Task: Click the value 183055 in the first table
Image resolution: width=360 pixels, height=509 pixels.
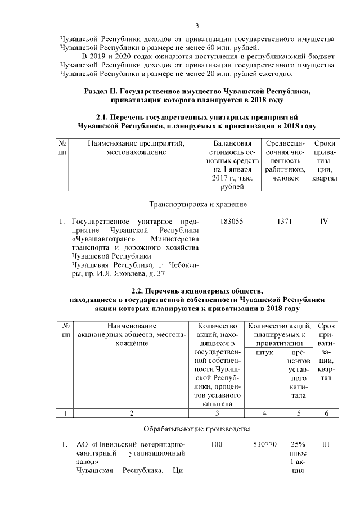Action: click(232, 222)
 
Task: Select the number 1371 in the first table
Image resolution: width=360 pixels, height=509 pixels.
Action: click(285, 222)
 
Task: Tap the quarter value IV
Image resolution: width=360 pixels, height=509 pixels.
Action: click(324, 222)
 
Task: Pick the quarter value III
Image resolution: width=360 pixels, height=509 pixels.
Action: click(325, 445)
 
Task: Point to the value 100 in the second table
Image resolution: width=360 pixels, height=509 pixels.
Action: click(217, 445)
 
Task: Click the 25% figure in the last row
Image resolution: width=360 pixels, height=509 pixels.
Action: click(297, 445)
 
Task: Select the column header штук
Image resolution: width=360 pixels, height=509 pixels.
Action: click(264, 353)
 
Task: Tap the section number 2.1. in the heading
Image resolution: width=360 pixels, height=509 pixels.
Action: click(106, 117)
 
